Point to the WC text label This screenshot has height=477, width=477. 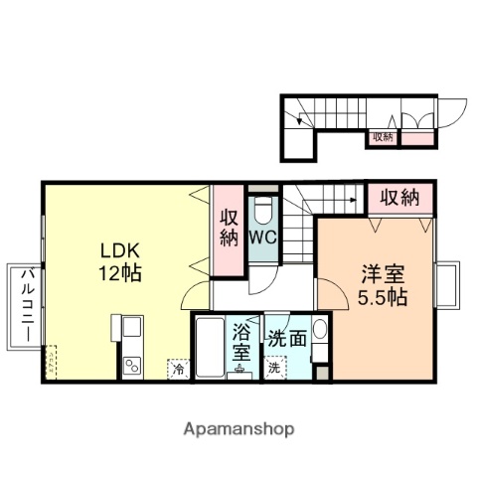pos(262,238)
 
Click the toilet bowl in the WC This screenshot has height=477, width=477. pos(262,211)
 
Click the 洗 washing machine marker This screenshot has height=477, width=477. pos(274,367)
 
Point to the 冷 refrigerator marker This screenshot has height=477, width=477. pos(179,369)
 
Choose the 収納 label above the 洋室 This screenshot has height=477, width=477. pos(400,198)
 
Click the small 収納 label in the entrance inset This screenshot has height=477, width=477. pos(384,136)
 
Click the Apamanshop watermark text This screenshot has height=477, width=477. pos(238,429)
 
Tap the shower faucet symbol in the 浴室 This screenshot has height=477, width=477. pos(241,372)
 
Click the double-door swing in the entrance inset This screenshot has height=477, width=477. pos(416,120)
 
